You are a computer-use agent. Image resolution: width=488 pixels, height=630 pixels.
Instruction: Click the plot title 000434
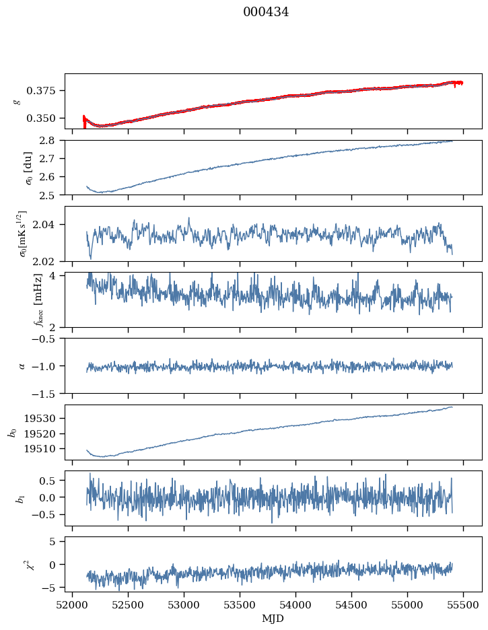click(266, 12)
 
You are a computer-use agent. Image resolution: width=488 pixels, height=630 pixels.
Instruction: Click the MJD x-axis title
click(273, 618)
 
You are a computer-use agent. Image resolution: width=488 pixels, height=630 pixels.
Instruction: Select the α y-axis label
click(22, 365)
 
